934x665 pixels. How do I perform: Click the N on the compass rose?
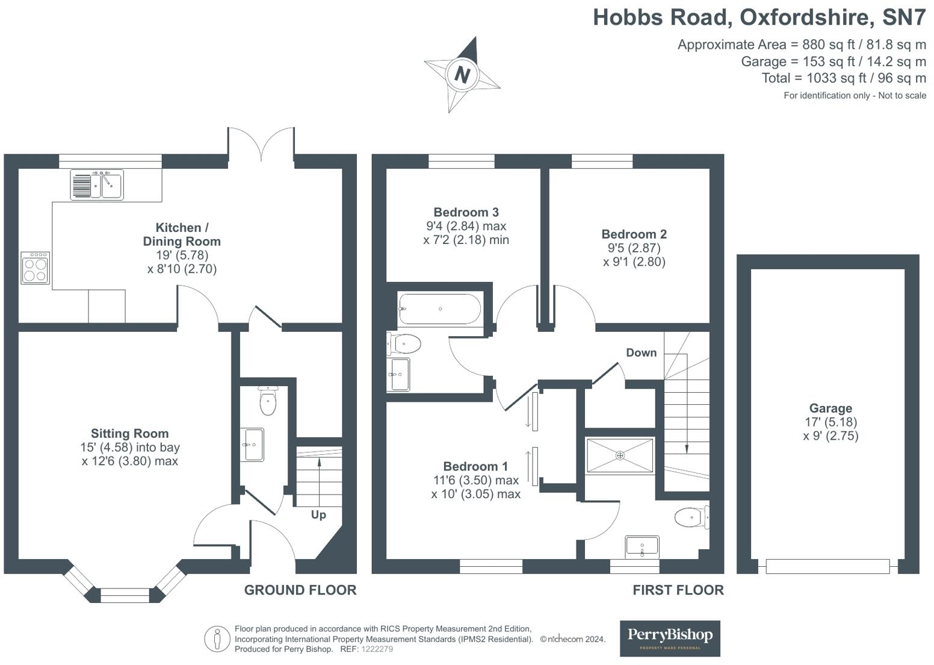pyautogui.click(x=462, y=75)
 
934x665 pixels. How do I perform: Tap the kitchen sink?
pyautogui.click(x=97, y=184)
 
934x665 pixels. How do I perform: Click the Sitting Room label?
pyautogui.click(x=129, y=434)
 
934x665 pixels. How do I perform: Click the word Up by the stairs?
pyautogui.click(x=318, y=514)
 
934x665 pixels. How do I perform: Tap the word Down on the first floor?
pyautogui.click(x=641, y=353)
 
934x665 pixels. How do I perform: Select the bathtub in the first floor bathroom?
pyautogui.click(x=439, y=309)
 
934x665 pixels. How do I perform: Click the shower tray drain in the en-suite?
pyautogui.click(x=620, y=456)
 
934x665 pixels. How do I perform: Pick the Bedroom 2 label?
pyautogui.click(x=634, y=234)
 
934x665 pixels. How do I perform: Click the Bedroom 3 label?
pyautogui.click(x=466, y=212)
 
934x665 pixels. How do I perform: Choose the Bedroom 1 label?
pyautogui.click(x=475, y=466)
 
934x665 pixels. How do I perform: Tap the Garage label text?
pyautogui.click(x=830, y=408)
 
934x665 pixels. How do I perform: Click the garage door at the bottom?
pyautogui.click(x=827, y=566)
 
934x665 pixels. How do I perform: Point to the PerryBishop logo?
pyautogui.click(x=670, y=638)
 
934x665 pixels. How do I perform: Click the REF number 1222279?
pyautogui.click(x=377, y=649)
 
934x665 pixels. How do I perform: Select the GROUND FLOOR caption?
pyautogui.click(x=300, y=590)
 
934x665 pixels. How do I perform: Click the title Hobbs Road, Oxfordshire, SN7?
pyautogui.click(x=759, y=17)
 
